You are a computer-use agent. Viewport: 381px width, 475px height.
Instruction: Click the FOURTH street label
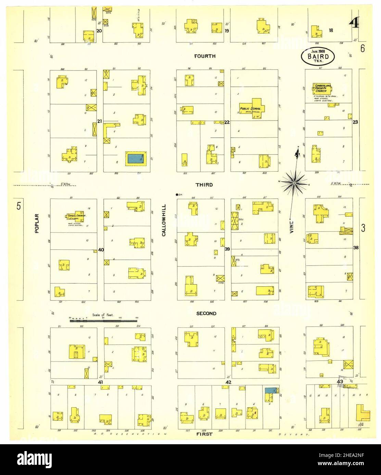(x=205, y=56)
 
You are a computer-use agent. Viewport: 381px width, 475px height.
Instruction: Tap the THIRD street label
(x=204, y=185)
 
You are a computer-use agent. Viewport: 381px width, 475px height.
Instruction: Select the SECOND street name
(x=206, y=313)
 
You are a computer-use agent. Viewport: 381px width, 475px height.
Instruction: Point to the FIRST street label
(x=205, y=434)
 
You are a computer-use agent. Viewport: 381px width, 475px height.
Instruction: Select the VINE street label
(x=292, y=226)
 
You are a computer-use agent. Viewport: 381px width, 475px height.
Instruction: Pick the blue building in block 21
(x=136, y=158)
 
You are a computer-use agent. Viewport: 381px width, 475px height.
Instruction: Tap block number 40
(x=101, y=250)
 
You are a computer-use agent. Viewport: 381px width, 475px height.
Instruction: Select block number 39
(x=227, y=249)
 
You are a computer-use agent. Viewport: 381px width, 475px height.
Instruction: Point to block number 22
(x=226, y=122)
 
